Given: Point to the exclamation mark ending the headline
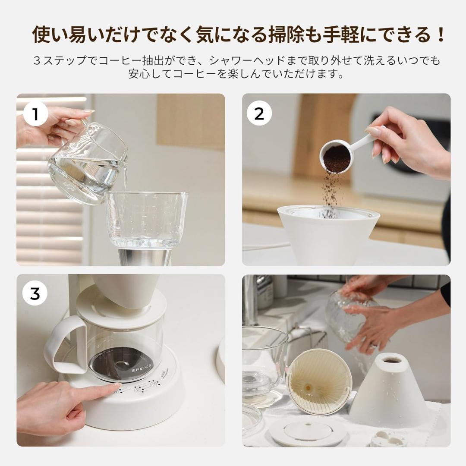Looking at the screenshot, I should [441, 35].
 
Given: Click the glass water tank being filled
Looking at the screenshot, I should [147, 220].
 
